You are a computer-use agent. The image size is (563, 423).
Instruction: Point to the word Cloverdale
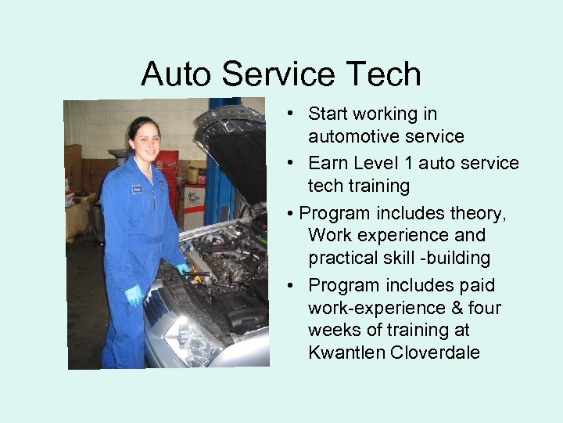coord(437,352)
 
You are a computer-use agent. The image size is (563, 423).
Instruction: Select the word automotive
coord(353,136)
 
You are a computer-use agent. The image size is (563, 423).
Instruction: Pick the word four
coord(484,308)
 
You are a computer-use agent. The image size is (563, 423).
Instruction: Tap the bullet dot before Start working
coord(289,114)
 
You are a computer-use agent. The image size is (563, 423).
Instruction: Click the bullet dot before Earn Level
coord(289,163)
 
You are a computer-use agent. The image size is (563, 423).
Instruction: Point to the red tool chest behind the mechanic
coord(167,168)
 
